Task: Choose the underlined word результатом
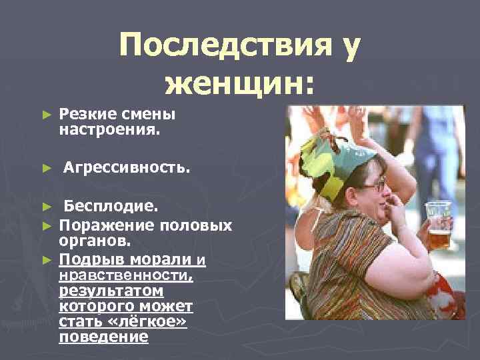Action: (x=111, y=291)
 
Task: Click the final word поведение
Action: (x=103, y=337)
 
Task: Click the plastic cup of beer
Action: (x=439, y=225)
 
